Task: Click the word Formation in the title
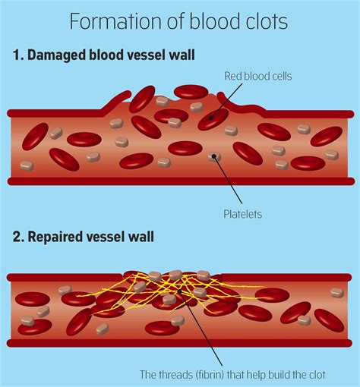point(103,21)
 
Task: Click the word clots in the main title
point(266,21)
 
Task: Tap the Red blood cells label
point(257,76)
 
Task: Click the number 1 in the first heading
point(17,55)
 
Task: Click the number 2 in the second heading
point(17,237)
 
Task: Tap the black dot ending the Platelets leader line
point(215,157)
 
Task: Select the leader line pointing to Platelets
point(228,182)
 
